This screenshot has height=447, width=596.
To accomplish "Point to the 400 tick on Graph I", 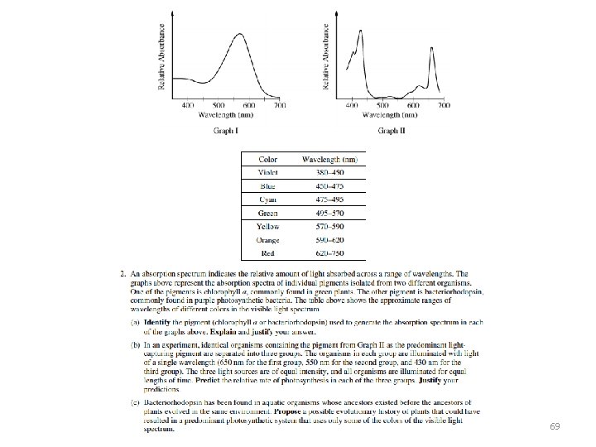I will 187,106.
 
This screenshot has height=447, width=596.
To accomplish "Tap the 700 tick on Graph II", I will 445,106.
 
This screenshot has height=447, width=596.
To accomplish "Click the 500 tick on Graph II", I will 382,106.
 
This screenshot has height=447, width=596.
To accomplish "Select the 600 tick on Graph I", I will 249,106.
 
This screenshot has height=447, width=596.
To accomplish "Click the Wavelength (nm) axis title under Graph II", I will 393,117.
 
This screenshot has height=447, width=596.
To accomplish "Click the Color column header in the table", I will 268,159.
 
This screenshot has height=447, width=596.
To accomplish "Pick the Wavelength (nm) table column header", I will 329,159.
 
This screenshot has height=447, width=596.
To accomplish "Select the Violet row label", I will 268,172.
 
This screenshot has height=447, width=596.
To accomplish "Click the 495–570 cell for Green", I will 329,213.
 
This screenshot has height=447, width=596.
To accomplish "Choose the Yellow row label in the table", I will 268,226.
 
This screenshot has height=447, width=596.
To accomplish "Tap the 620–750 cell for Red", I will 329,253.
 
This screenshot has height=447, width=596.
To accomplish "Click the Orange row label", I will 268,240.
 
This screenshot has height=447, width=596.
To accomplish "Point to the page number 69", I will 555,426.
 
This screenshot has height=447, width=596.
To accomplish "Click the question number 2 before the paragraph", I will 122,273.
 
